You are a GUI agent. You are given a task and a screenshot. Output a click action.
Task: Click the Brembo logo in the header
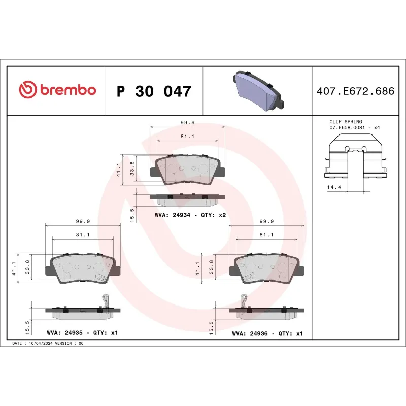(57, 90)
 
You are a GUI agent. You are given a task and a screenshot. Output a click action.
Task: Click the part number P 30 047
(154, 92)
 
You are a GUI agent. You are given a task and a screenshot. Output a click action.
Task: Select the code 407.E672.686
(355, 92)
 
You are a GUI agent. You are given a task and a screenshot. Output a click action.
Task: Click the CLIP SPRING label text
(346, 122)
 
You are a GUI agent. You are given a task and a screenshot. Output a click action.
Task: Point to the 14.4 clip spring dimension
(334, 187)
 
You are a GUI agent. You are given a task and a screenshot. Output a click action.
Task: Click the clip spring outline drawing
(356, 160)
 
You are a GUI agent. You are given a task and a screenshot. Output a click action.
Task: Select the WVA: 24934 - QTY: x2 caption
(190, 215)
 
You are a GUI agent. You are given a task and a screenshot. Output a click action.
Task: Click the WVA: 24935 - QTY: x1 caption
(82, 333)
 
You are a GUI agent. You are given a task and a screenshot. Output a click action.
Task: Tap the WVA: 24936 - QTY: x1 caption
(267, 333)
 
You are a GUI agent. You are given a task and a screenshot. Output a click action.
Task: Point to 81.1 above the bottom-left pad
(82, 235)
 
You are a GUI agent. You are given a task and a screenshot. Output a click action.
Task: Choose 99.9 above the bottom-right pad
(267, 221)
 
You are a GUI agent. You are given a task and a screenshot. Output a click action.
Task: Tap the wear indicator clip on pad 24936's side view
(243, 300)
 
